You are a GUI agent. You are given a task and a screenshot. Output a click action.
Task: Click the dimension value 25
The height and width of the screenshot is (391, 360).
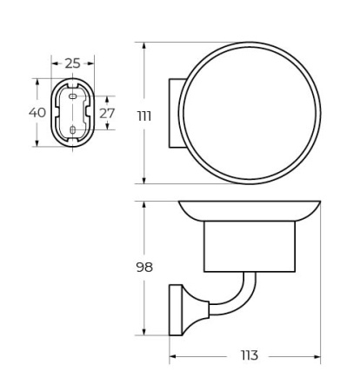pos(72,63)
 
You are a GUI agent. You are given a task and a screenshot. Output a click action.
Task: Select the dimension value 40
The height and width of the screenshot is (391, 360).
pos(37,113)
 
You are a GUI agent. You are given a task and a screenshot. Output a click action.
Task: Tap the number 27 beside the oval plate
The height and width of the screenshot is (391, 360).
pos(107,113)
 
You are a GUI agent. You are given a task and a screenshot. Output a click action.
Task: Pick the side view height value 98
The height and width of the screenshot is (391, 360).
pos(144,267)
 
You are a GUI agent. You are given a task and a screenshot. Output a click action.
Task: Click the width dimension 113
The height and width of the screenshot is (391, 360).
pos(249,356)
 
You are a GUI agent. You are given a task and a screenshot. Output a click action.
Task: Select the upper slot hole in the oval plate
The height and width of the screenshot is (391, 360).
pos(72,97)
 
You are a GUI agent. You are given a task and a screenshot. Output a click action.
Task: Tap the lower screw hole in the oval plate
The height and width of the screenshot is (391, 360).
pos(72,132)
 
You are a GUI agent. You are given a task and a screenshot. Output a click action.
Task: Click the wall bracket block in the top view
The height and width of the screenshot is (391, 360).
pos(174,112)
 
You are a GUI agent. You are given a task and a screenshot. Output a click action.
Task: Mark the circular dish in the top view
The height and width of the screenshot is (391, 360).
pos(250,112)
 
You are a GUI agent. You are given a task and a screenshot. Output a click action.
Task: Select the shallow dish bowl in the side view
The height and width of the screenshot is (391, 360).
pos(250,211)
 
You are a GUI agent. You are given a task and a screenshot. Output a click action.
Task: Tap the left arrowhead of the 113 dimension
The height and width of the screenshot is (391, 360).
pos(172,356)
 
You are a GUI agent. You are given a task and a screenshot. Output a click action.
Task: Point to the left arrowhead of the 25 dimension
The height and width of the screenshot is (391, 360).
pos(54,63)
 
